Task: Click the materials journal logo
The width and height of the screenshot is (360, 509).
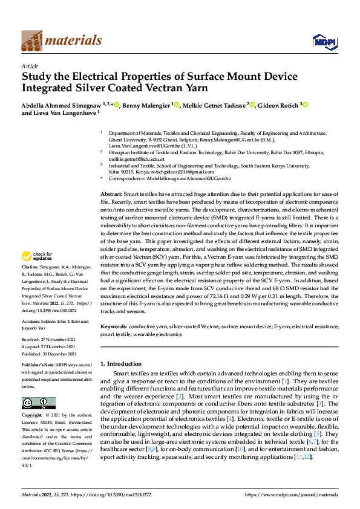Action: (x=61, y=41)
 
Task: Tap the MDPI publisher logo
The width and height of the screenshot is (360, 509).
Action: (x=324, y=41)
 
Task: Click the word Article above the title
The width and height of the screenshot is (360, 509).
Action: (x=30, y=66)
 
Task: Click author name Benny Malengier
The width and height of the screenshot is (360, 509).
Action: (x=146, y=105)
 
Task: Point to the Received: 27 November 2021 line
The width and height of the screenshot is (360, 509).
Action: (x=47, y=340)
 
